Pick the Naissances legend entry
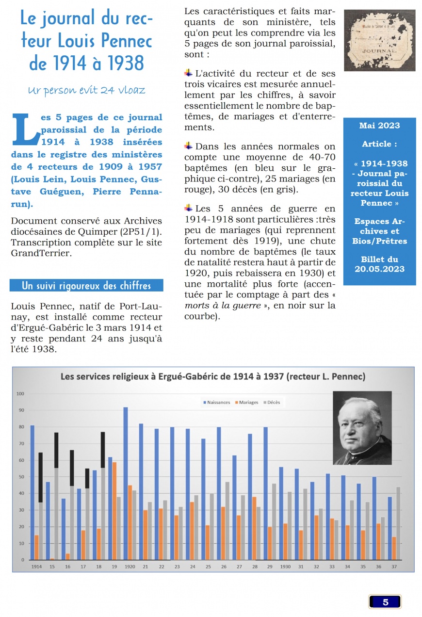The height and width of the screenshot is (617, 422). coord(216,403)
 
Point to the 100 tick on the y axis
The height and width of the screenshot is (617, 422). coord(20,393)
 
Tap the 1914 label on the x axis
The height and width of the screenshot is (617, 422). coord(36,567)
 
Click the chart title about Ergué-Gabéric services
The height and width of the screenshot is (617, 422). coord(212,376)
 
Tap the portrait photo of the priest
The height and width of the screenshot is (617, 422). coord(362,428)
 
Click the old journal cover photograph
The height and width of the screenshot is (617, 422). coord(380,40)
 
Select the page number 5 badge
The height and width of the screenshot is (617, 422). coord(385,602)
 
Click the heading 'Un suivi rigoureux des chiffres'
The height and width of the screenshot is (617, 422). coord(86,286)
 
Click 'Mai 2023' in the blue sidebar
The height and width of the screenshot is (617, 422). coord(379,126)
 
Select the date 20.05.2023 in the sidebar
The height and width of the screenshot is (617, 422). coord(379,269)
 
